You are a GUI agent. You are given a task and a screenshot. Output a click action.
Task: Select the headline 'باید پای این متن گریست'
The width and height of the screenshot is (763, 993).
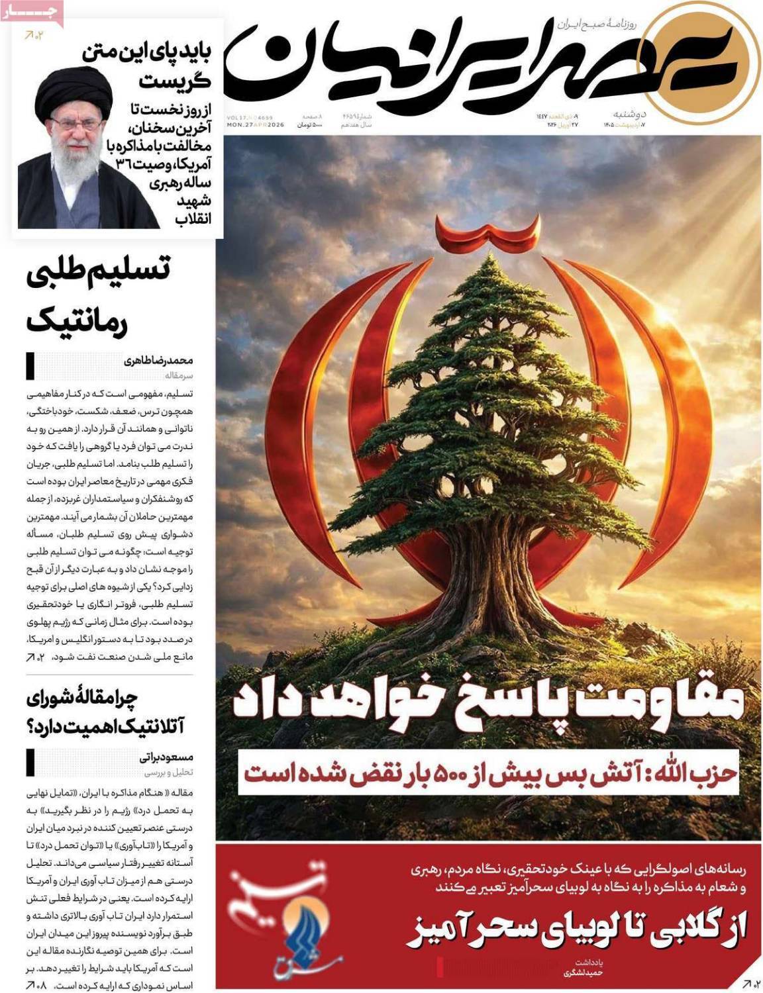coord(152,66)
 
